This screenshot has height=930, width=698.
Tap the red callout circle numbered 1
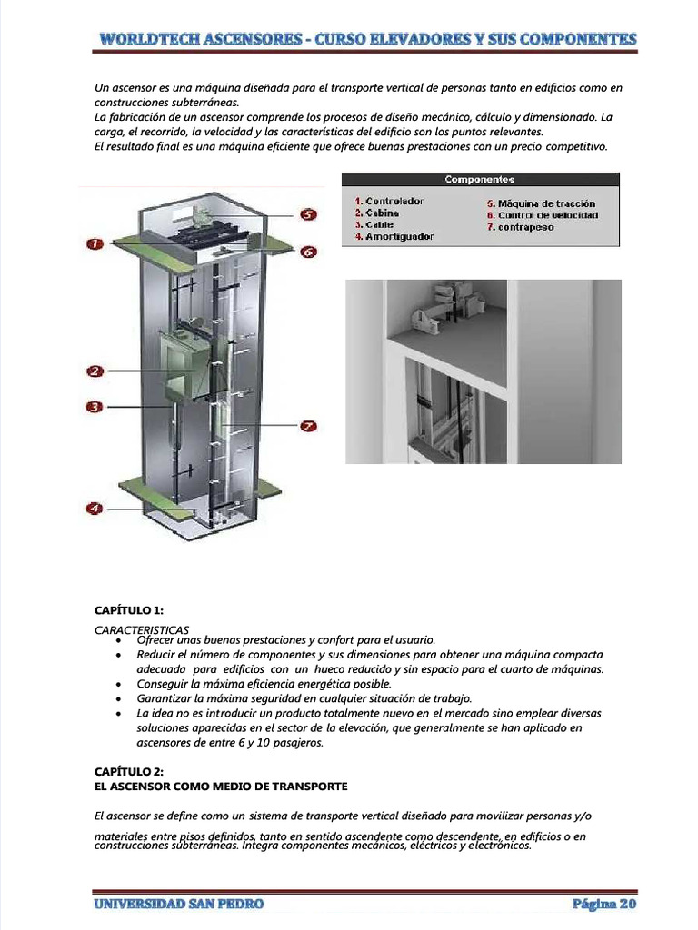pyautogui.click(x=95, y=243)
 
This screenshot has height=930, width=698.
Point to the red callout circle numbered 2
pyautogui.click(x=95, y=371)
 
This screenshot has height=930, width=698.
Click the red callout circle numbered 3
pyautogui.click(x=95, y=407)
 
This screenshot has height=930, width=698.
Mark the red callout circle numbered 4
pyautogui.click(x=95, y=509)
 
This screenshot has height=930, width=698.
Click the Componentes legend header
pyautogui.click(x=480, y=180)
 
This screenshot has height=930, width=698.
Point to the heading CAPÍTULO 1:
pyautogui.click(x=129, y=609)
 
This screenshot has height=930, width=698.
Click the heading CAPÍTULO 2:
pyautogui.click(x=129, y=771)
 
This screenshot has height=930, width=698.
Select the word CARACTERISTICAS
pyautogui.click(x=142, y=628)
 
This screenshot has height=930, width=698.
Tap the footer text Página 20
pyautogui.click(x=604, y=904)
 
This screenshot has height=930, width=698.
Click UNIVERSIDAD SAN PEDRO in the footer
pyautogui.click(x=178, y=904)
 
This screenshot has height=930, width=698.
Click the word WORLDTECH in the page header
pyautogui.click(x=153, y=39)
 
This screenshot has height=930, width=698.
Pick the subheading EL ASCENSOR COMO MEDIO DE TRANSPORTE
pyautogui.click(x=222, y=786)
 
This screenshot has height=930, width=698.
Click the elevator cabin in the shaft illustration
pyautogui.click(x=182, y=363)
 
